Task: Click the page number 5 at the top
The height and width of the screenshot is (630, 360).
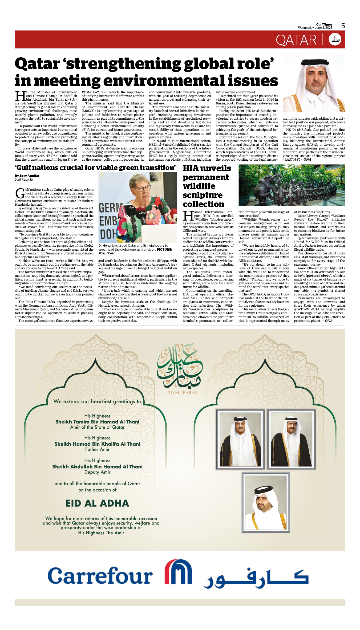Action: coord(343,26)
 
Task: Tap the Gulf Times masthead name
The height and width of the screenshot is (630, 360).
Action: coord(324,25)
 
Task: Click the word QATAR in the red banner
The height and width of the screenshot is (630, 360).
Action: coord(296,40)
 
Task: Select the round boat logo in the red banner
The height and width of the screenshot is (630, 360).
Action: coord(335,39)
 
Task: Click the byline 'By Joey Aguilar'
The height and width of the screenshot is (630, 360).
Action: coord(27,176)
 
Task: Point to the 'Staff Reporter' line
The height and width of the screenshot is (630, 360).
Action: coord(24,180)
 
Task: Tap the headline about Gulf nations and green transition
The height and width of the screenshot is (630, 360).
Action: coord(95,168)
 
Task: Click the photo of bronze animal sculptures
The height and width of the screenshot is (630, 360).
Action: coord(292,185)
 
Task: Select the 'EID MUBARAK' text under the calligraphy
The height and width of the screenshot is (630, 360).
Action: coord(182,393)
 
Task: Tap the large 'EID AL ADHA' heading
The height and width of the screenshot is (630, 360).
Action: coord(98,503)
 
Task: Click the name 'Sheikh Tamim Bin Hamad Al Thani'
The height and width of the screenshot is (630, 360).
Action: coord(97,422)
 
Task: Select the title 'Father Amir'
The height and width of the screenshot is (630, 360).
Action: coord(97,449)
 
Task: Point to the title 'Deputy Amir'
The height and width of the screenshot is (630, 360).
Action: coord(97,472)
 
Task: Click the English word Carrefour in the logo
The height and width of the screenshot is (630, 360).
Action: coord(100,576)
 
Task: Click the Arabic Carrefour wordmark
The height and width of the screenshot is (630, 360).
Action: coord(256,578)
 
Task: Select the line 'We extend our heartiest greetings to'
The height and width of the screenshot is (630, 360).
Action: coord(97,401)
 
